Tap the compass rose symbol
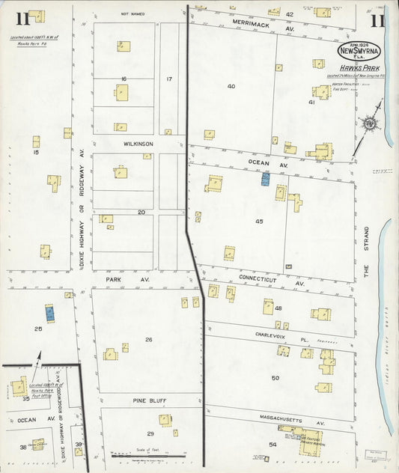[x=370, y=124]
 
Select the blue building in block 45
[x=265, y=178]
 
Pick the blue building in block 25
[x=49, y=314]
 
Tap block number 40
[x=231, y=86]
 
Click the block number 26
[x=148, y=340]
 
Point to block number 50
[x=275, y=378]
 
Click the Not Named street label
[x=133, y=13]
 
